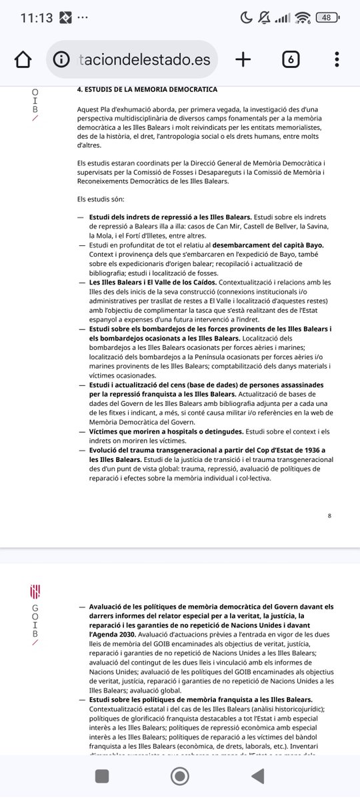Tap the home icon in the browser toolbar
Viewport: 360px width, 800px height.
[23, 59]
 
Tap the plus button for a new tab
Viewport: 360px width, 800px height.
[243, 59]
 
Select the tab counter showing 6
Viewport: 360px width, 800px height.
[291, 59]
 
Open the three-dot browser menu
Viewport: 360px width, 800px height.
[337, 59]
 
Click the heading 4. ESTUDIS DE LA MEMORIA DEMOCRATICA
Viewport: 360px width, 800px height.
[147, 89]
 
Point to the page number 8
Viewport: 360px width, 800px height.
[330, 515]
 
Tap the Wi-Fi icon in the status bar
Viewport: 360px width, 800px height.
[303, 18]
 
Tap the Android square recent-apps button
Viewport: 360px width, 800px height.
[102, 776]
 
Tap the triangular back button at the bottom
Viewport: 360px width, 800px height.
[257, 776]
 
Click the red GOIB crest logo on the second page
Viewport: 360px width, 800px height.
[35, 591]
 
